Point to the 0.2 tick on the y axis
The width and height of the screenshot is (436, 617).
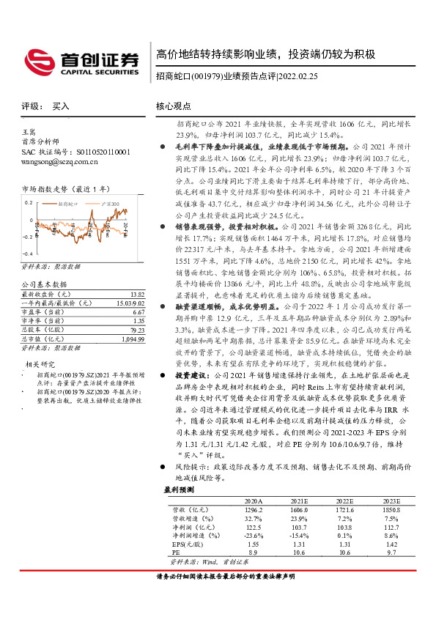(x=28, y=201)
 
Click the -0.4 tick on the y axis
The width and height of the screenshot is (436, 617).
(x=26, y=234)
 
